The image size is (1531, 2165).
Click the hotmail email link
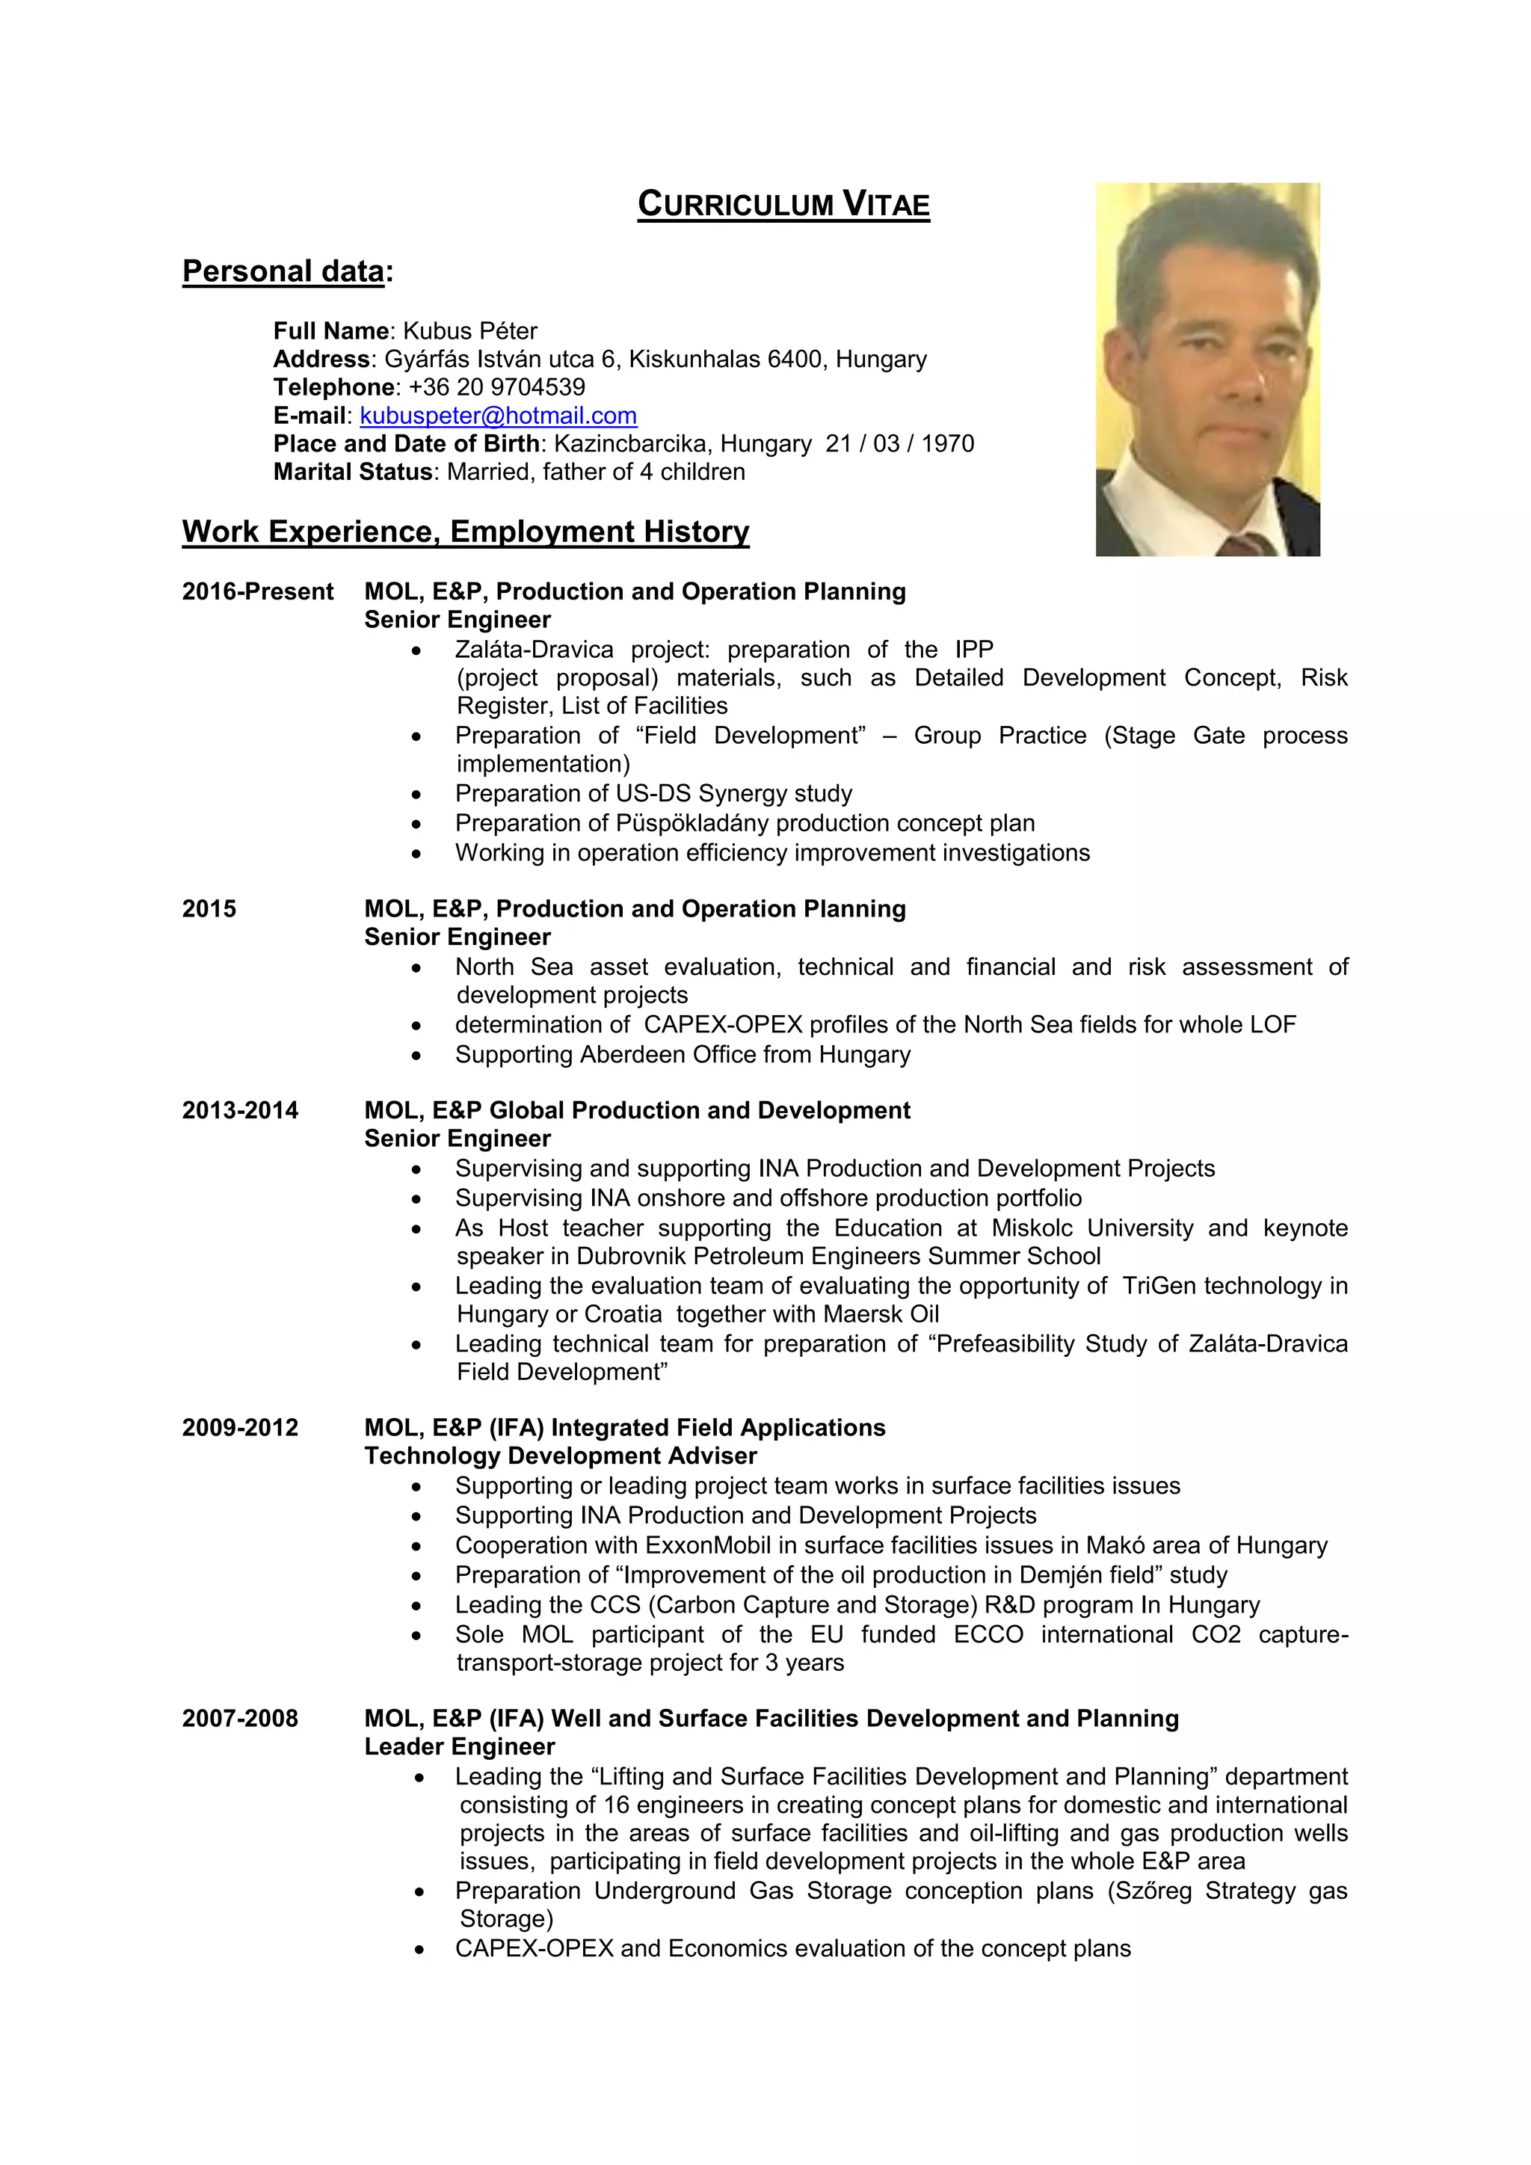[498, 416]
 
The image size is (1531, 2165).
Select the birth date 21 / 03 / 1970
[899, 444]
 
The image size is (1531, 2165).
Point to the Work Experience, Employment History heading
[466, 532]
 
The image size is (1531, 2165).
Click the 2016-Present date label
[257, 592]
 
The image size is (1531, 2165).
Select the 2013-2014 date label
[241, 1111]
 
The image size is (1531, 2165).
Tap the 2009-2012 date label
[241, 1428]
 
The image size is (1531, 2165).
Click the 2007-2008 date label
[241, 1718]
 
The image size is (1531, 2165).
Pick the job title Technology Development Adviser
[560, 1456]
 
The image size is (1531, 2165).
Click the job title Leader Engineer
[459, 1746]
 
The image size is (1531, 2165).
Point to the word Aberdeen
[624, 1054]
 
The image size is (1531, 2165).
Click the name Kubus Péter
[470, 331]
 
